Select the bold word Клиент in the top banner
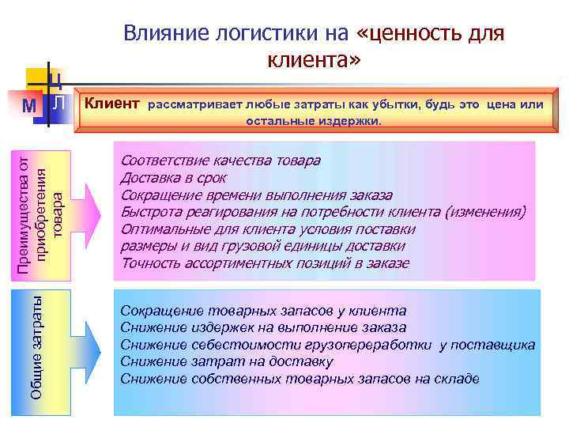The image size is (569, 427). point(112,104)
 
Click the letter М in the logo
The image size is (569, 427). point(29,105)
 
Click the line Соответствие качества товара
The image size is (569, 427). point(220,161)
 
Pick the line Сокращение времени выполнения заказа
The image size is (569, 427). point(256,195)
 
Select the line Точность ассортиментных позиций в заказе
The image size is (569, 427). point(265,263)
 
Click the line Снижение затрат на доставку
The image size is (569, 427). point(227,361)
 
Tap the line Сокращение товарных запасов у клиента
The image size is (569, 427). point(263,311)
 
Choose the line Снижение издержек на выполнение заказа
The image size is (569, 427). point(263,327)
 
